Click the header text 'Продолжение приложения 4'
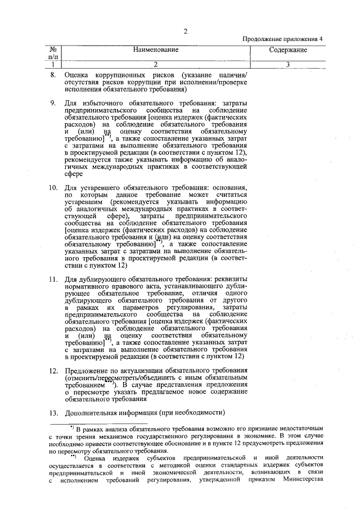283,39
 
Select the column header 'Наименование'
156,50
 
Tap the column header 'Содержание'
287,51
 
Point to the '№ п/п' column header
53,53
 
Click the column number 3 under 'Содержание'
287,64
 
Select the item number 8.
53,75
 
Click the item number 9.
53,103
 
